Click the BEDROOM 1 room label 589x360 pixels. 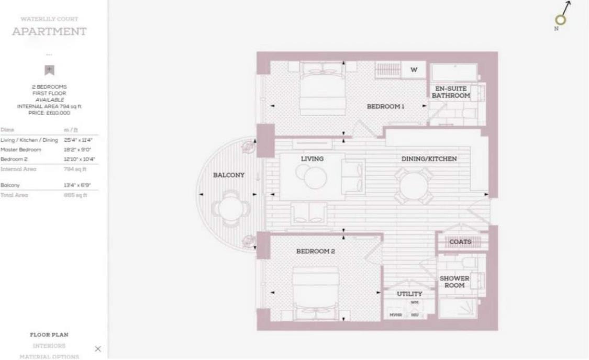(385, 106)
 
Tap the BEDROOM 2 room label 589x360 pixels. (315, 251)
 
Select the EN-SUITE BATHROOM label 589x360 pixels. (450, 93)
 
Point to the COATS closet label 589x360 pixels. (460, 242)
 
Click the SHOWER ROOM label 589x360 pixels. (454, 282)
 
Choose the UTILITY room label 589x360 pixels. (409, 294)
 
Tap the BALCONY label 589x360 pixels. (228, 175)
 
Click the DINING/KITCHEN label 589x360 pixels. (429, 159)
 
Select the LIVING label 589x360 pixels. (312, 159)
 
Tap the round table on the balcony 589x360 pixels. (228, 209)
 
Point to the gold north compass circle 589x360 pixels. (561, 20)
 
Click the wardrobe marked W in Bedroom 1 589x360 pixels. (414, 70)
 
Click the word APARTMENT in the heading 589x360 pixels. (49, 31)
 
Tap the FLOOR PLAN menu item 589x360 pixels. (49, 335)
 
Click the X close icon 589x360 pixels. (97, 349)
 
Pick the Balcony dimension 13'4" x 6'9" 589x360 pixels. (77, 185)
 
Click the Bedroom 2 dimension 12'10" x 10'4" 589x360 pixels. (77, 159)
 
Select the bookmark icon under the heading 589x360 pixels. (49, 70)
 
